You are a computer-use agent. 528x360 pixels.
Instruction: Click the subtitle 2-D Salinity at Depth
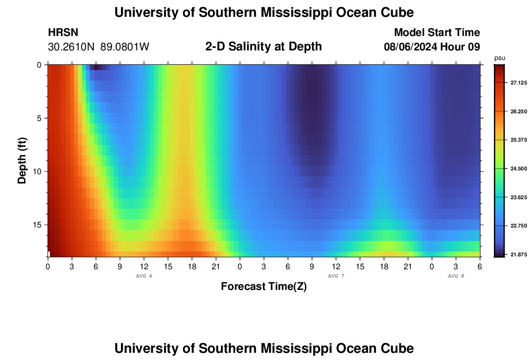264,47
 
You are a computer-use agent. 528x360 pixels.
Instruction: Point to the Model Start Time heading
436,33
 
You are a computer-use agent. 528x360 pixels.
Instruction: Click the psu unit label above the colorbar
499,58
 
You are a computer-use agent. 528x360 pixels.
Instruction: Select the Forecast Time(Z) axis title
264,287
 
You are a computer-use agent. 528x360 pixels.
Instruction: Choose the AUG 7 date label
336,276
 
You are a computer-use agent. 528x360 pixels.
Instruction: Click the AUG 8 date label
456,276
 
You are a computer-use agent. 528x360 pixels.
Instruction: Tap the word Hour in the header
455,47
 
